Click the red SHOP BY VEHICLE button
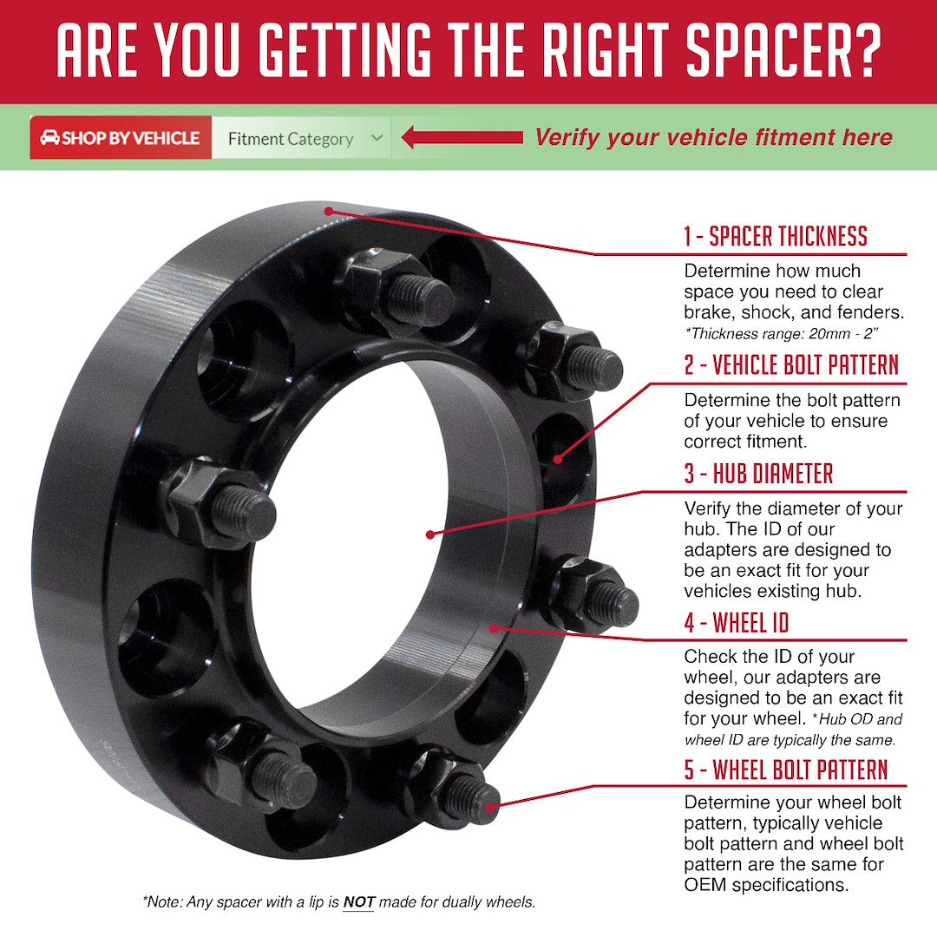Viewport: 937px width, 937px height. [121, 138]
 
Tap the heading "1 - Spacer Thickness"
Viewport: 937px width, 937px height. [775, 236]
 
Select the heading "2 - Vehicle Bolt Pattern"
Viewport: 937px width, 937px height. [790, 365]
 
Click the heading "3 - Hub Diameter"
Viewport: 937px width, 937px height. [758, 474]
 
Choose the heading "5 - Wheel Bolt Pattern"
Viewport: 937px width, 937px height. [786, 770]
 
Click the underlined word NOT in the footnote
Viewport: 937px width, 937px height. [358, 902]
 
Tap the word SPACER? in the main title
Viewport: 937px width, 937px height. [783, 52]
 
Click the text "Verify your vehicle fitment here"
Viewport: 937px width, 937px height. [712, 137]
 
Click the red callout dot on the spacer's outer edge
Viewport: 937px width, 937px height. [328, 211]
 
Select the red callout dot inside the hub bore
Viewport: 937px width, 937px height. [431, 534]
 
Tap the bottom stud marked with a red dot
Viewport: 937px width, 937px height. [490, 806]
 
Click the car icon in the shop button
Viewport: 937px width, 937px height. [49, 138]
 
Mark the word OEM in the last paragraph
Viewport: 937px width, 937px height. [705, 885]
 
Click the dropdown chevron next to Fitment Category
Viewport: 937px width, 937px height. [377, 138]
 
